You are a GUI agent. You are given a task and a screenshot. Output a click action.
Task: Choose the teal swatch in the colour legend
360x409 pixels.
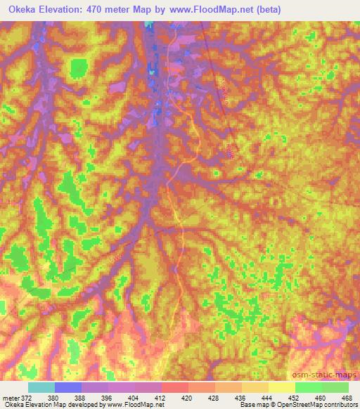tap(41, 387)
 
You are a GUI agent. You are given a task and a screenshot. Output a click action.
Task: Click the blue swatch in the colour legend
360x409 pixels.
tap(67, 387)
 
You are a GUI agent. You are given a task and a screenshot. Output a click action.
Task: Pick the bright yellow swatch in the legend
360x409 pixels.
tap(281, 387)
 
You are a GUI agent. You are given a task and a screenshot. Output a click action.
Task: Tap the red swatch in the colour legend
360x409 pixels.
tap(174, 387)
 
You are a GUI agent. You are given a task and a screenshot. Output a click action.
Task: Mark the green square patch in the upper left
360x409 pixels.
tap(79, 68)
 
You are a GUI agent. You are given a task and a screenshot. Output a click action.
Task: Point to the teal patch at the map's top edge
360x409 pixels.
tap(148, 25)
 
